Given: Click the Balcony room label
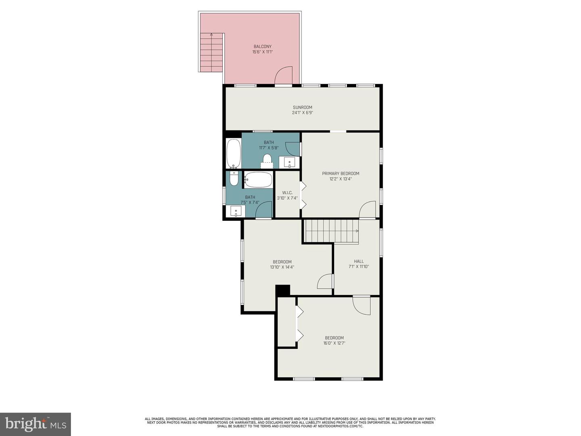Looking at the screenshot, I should point(262,46).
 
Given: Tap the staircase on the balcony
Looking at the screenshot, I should point(211,52).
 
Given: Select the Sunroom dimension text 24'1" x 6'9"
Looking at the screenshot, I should point(303,113).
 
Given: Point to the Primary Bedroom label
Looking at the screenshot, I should point(341,174).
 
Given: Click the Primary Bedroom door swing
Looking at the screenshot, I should point(368,210).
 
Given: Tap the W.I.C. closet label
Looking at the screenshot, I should point(287,193).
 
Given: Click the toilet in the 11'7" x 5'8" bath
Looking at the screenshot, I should point(267,158).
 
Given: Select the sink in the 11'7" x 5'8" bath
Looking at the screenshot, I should point(290,162).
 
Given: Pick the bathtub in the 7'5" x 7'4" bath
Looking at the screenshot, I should point(258,180).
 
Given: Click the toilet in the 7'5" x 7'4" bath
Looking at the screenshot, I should point(234,179).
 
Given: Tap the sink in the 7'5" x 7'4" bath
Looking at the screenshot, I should point(236,211).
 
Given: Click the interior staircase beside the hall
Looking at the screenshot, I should point(331,231).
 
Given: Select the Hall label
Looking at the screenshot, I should point(359,261).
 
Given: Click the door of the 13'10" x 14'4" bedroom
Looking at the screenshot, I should point(325,281).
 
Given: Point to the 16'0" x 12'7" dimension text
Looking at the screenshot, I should point(334,344).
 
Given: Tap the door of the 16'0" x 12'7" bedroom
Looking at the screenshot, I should point(362,306).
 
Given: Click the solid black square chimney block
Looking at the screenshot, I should point(283,290).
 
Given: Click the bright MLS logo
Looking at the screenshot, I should point(36,424).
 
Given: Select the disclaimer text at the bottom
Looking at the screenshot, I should point(290,423).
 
